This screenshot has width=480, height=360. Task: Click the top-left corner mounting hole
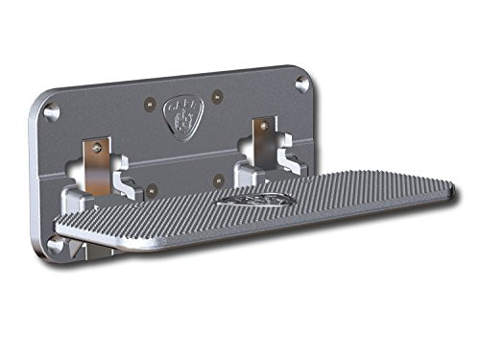click(x=53, y=112)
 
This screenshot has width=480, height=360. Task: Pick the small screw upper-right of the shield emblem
click(x=218, y=93)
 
